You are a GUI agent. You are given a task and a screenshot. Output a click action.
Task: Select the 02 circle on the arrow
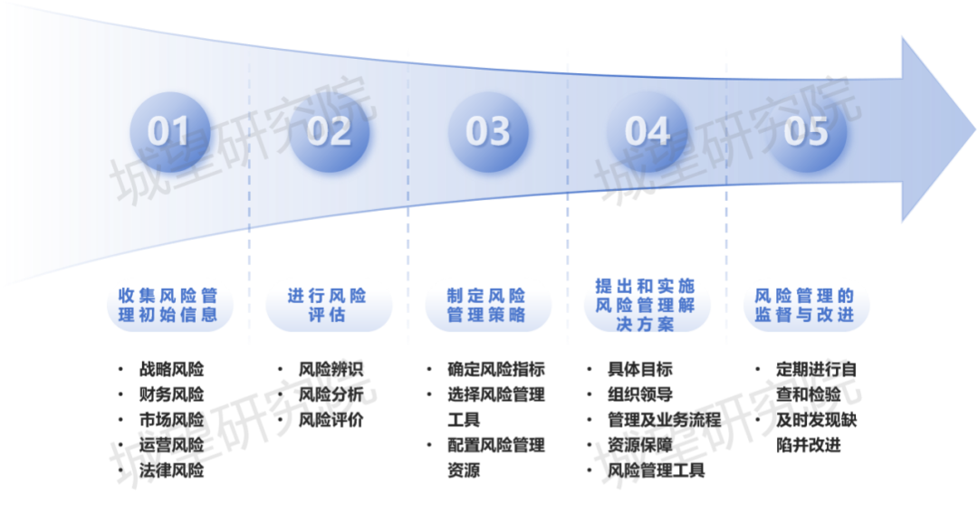[328, 131]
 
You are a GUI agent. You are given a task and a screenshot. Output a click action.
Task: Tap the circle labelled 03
[487, 131]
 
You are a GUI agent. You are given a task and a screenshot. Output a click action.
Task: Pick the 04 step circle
[647, 131]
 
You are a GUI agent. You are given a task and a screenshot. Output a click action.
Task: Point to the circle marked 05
[806, 131]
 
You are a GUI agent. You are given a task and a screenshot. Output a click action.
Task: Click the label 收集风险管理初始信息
[168, 305]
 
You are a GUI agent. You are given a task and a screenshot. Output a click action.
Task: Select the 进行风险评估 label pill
[328, 305]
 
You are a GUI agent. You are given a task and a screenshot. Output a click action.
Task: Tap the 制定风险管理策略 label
[487, 305]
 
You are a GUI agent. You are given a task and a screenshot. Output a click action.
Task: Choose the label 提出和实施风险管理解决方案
[647, 305]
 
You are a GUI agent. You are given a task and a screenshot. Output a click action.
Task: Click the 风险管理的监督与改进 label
[806, 305]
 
